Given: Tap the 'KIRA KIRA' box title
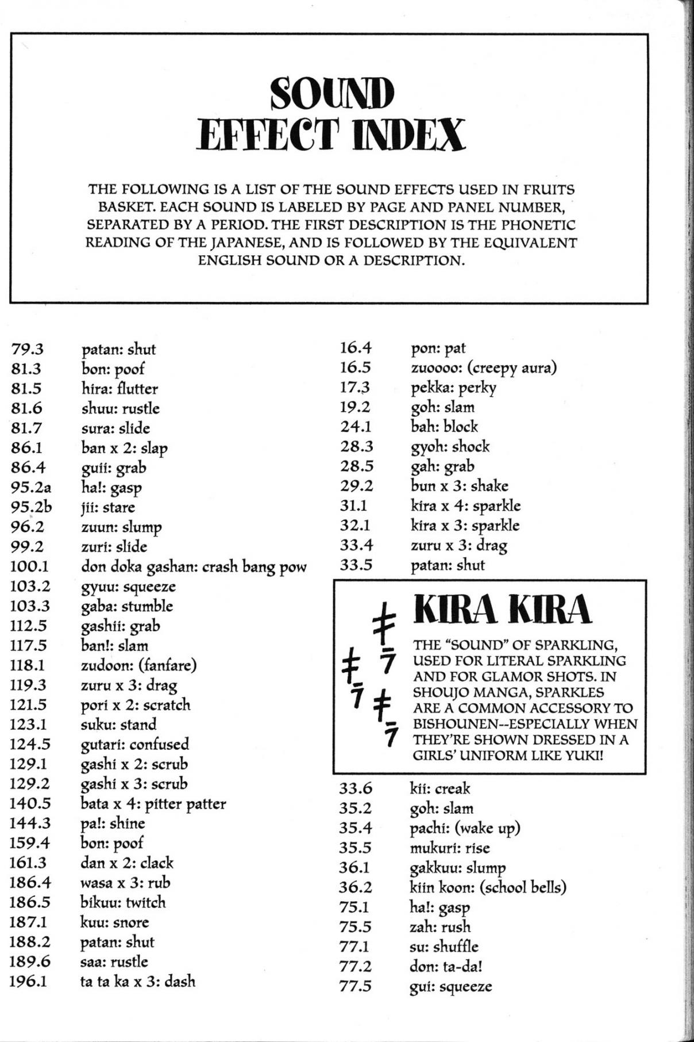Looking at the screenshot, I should point(502,610).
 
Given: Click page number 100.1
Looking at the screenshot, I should point(29,566).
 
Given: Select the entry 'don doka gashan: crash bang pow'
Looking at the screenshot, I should point(194,567).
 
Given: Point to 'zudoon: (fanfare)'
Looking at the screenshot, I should point(138,665).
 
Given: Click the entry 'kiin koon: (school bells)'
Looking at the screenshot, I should point(488,887).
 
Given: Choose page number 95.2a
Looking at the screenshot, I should point(31,488).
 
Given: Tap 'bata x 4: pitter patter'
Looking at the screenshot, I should point(153,803).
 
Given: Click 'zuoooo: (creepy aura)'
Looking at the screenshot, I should point(484,367).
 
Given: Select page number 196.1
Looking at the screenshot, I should point(28,981).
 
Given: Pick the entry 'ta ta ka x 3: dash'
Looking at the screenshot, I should point(137,981).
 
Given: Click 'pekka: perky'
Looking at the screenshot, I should point(453,387).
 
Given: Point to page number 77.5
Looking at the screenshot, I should point(355,986).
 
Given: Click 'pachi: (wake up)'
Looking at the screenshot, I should point(465,828).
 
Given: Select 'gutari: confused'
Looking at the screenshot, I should point(134,744).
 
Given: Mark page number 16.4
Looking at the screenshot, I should point(356,347).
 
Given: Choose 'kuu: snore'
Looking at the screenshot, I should point(114,922).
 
